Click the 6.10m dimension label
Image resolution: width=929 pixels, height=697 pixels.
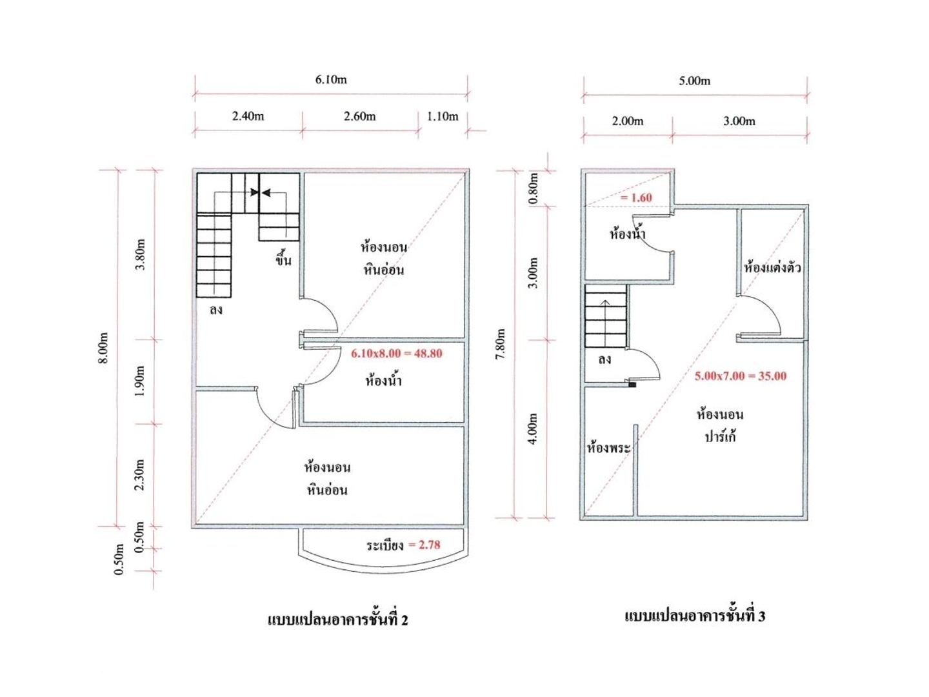pyautogui.click(x=330, y=79)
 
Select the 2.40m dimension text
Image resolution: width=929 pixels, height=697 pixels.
pyautogui.click(x=248, y=116)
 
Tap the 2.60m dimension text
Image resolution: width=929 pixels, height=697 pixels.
pyautogui.click(x=359, y=116)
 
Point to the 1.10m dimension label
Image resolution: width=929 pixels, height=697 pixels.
pyautogui.click(x=443, y=116)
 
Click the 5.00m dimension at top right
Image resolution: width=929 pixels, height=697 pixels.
pyautogui.click(x=695, y=81)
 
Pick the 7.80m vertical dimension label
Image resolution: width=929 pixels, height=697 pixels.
pyautogui.click(x=501, y=343)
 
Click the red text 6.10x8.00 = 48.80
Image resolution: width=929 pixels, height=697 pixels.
pyautogui.click(x=397, y=353)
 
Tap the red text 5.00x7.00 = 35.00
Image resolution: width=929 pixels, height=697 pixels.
pyautogui.click(x=740, y=376)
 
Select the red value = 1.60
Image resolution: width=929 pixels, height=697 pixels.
pyautogui.click(x=636, y=197)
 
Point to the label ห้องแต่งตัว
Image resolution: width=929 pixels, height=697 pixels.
pyautogui.click(x=772, y=267)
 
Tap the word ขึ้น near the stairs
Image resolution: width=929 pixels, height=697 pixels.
pyautogui.click(x=283, y=258)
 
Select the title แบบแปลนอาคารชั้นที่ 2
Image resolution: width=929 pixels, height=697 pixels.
pyautogui.click(x=338, y=620)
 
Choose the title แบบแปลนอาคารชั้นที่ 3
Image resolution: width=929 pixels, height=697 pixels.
pyautogui.click(x=695, y=616)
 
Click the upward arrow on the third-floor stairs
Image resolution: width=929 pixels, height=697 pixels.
pyautogui.click(x=606, y=323)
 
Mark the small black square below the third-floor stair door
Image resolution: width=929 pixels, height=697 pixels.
pyautogui.click(x=632, y=385)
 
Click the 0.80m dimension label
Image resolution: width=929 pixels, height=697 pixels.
pyautogui.click(x=534, y=188)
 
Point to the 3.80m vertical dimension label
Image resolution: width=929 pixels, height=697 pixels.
pyautogui.click(x=140, y=254)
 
